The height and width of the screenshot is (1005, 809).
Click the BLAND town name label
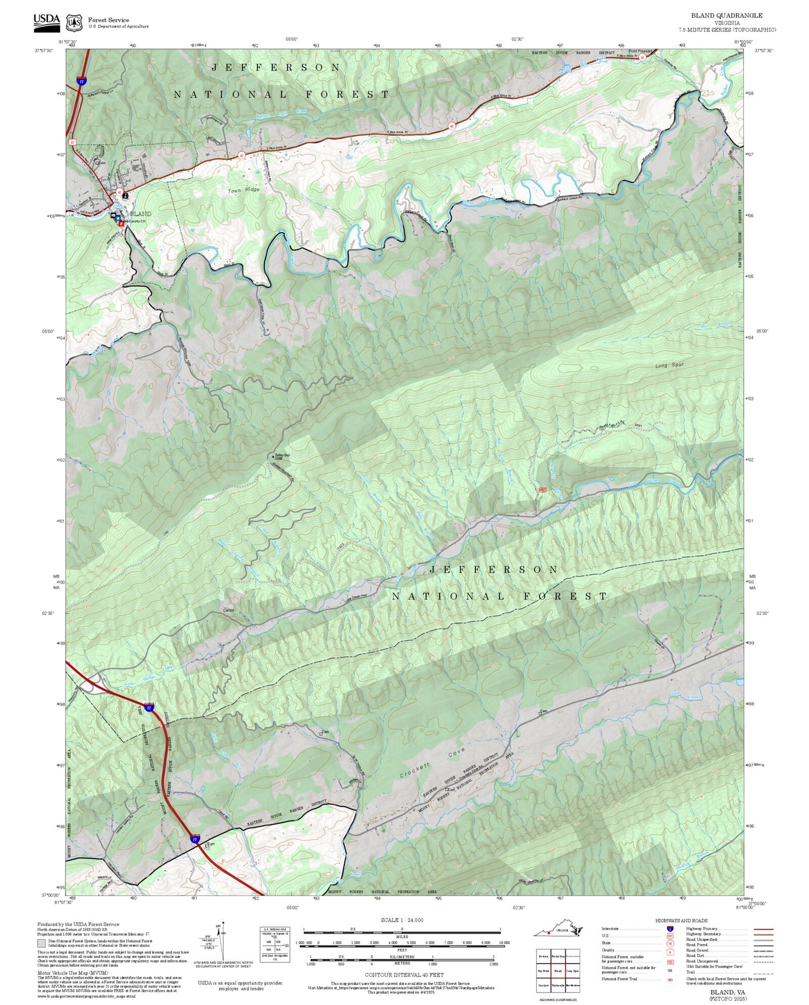[x=141, y=214]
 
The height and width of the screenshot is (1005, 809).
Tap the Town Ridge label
[x=244, y=190]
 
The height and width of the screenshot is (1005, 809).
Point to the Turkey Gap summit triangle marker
[x=274, y=456]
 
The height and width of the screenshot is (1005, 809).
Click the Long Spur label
[x=670, y=365]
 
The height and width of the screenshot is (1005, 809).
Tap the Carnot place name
[x=228, y=610]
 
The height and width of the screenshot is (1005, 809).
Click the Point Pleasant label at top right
[x=640, y=51]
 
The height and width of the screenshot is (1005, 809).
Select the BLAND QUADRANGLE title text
[x=726, y=16]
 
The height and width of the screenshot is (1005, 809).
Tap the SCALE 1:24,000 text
[x=401, y=920]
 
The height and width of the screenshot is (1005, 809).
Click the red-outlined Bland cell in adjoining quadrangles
[x=558, y=971]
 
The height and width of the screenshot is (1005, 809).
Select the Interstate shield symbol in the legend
[x=670, y=928]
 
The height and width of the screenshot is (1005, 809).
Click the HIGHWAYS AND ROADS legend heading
[x=681, y=920]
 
